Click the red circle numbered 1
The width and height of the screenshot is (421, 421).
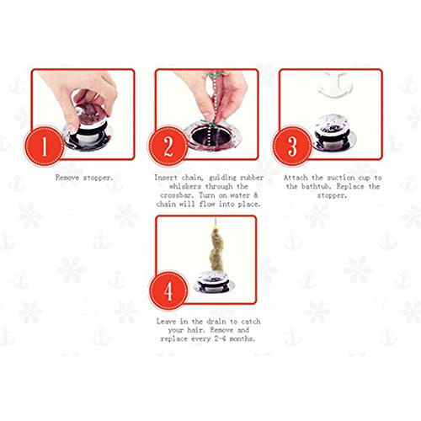(45, 146)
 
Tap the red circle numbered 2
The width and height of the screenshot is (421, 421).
(168, 147)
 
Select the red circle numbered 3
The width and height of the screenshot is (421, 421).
(292, 146)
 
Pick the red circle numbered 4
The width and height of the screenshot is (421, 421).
(168, 290)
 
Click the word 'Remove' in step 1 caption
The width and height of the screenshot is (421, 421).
(67, 178)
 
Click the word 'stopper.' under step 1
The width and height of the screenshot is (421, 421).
(99, 178)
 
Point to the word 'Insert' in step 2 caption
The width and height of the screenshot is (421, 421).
(166, 178)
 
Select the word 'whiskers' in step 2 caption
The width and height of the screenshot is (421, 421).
(185, 186)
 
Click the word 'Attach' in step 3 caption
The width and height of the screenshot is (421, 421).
(295, 178)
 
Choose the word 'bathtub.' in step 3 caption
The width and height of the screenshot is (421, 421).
(317, 186)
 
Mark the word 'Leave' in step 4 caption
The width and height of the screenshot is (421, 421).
(166, 322)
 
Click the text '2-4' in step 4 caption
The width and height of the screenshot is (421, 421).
(220, 338)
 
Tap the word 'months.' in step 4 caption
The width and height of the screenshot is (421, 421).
(242, 338)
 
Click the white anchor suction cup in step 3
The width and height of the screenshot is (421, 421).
(333, 85)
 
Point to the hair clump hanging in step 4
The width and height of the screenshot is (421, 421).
(216, 251)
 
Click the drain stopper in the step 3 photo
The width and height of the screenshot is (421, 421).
(333, 132)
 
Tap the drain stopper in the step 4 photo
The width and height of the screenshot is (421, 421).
(214, 282)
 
